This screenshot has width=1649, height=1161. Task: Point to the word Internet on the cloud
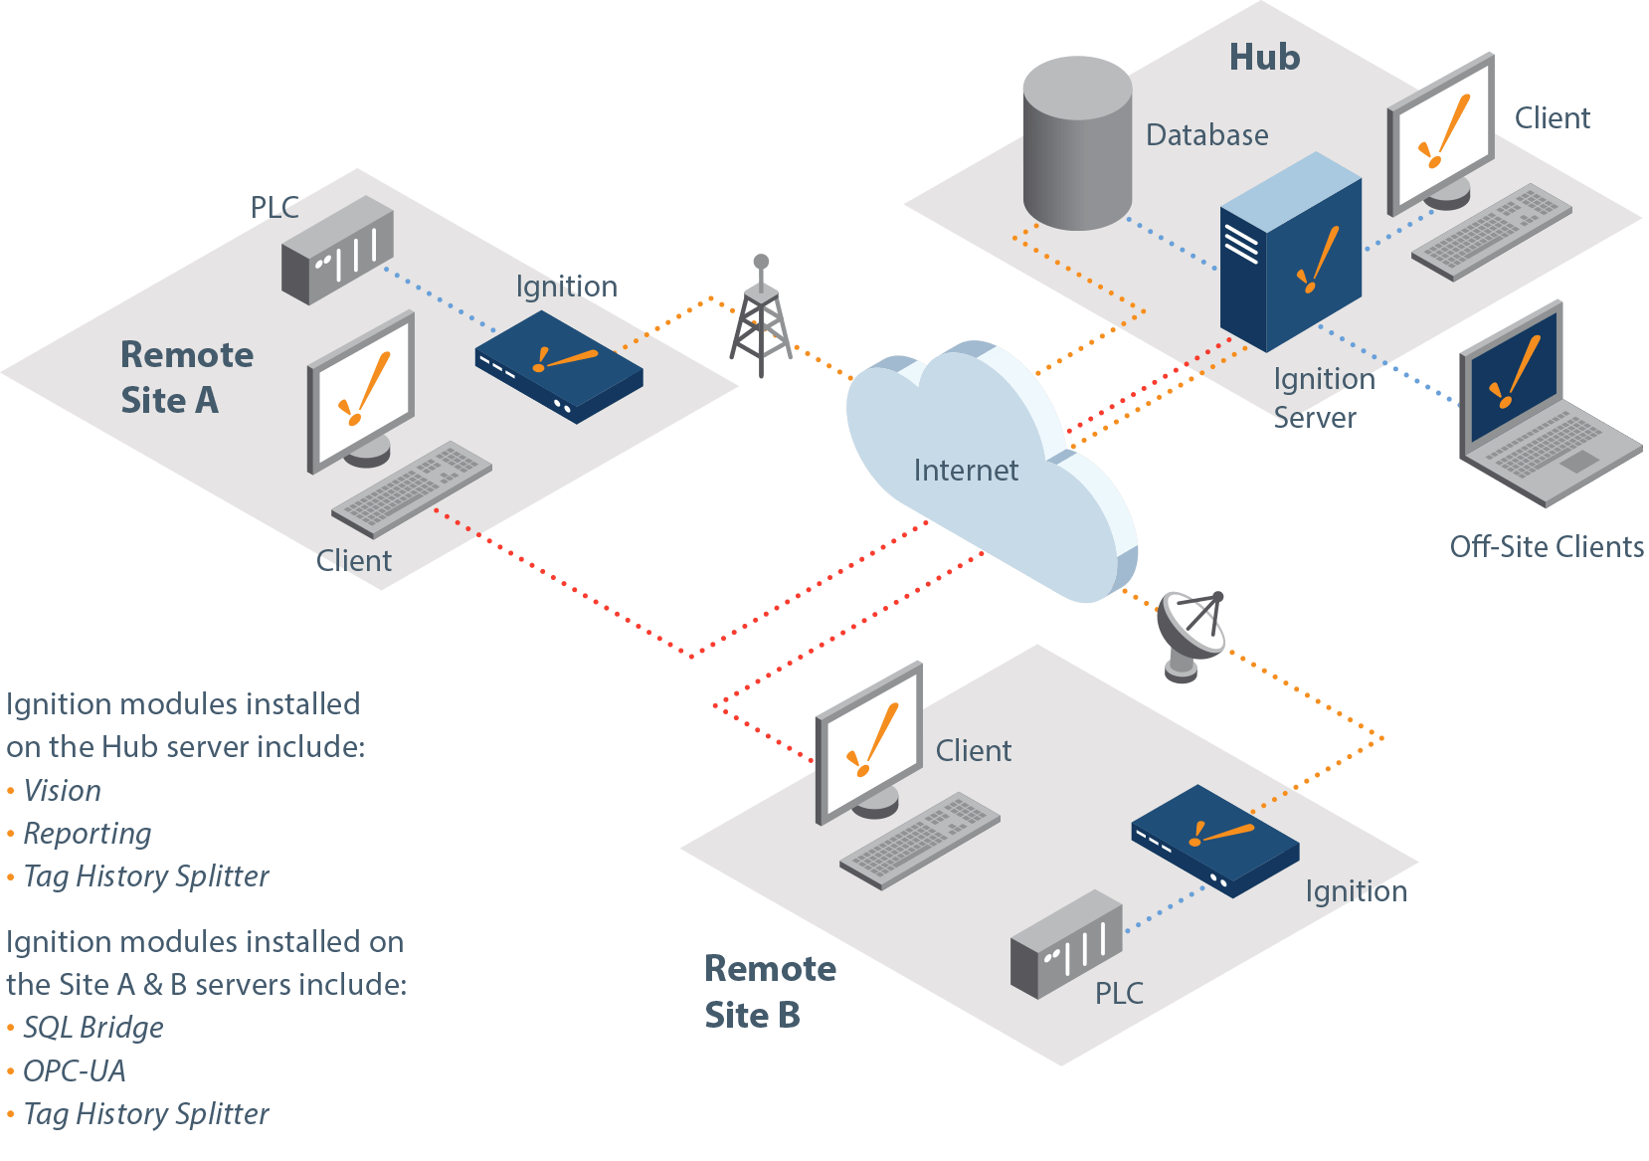coord(965,471)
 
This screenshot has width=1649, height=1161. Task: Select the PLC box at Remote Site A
coord(337,250)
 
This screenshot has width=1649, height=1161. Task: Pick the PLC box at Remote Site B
coord(1066,945)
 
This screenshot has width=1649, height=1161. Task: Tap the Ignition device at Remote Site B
coord(1214,840)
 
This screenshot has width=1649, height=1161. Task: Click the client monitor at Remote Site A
coord(362,391)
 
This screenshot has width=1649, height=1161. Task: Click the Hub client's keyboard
coord(1491,231)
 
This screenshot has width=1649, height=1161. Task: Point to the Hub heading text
coord(1264,58)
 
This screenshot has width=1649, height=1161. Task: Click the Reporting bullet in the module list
coord(88,834)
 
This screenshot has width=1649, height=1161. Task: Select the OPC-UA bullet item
coord(75,1071)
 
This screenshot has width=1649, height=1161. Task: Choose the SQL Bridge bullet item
coord(93,1028)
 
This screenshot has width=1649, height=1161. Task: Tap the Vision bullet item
coord(63,791)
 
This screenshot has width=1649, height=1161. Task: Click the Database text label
coord(1206,135)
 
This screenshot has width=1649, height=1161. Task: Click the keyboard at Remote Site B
coord(919,840)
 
